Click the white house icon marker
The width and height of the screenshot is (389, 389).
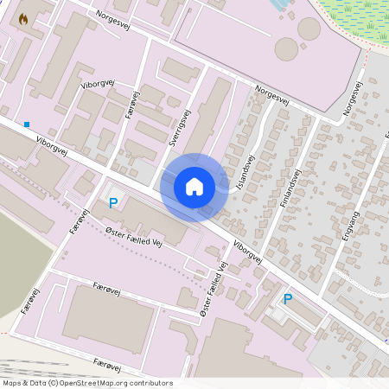(x=194, y=186)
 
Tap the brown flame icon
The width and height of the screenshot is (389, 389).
(x=22, y=16)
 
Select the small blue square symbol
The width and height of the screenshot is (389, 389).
(x=27, y=124)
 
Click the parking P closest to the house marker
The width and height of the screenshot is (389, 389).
(x=112, y=204)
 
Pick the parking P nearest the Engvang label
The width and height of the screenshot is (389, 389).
(x=288, y=299)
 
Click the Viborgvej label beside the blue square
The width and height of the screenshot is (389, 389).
(x=53, y=144)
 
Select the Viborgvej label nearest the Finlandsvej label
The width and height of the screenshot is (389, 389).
(x=247, y=252)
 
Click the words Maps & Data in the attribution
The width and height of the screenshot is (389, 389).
(x=24, y=383)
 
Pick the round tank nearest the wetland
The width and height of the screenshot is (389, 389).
(x=309, y=29)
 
